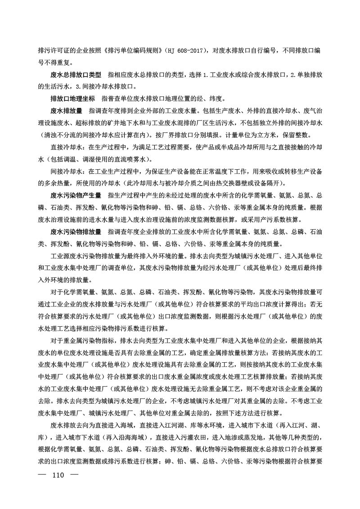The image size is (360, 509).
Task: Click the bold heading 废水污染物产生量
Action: tap(76, 195)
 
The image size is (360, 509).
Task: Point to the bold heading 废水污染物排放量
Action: tap(76, 232)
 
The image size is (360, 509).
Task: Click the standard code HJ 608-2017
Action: tap(183, 50)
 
